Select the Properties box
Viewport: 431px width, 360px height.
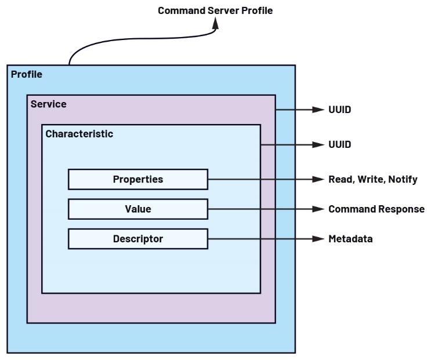pos(137,179)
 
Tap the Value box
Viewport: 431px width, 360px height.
pos(137,209)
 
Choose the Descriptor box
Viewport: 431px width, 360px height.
pos(137,239)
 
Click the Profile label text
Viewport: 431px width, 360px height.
pos(27,74)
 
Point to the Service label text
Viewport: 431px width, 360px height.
pos(48,104)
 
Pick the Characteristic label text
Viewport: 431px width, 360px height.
pos(79,134)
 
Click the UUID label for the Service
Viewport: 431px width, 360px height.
pos(339,110)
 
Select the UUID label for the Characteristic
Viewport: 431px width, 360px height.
pos(339,144)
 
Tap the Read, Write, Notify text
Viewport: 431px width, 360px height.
pos(372,179)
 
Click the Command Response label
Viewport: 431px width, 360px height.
pos(376,209)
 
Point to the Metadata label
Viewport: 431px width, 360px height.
pos(350,239)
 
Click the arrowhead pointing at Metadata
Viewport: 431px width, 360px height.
pos(317,239)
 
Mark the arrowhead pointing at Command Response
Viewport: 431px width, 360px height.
pos(317,209)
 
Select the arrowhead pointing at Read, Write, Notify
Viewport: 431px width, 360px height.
pos(317,179)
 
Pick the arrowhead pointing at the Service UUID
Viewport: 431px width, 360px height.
pos(317,110)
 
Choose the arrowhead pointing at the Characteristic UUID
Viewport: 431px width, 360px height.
pos(317,144)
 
